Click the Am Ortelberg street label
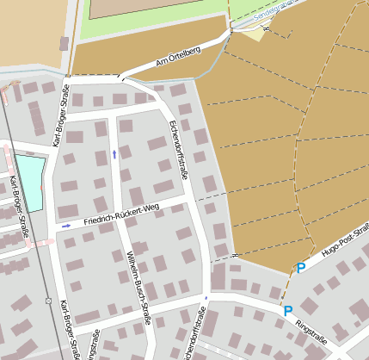(178, 57)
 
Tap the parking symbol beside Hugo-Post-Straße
(301, 269)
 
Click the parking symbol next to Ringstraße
(288, 311)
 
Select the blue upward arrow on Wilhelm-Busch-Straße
(115, 155)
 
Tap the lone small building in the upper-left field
(64, 43)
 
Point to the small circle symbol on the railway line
(48, 301)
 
